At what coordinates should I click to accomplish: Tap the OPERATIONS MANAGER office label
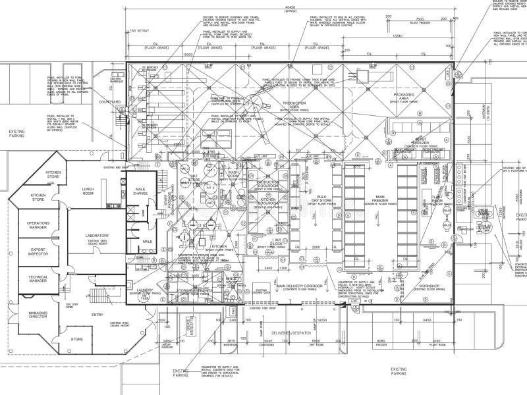point(38,225)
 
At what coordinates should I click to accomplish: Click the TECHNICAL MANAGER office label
point(38,280)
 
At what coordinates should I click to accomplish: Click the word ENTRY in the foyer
point(97,315)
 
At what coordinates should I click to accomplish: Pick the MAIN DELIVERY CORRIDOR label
point(300,286)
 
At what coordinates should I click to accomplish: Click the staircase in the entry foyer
point(95,286)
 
